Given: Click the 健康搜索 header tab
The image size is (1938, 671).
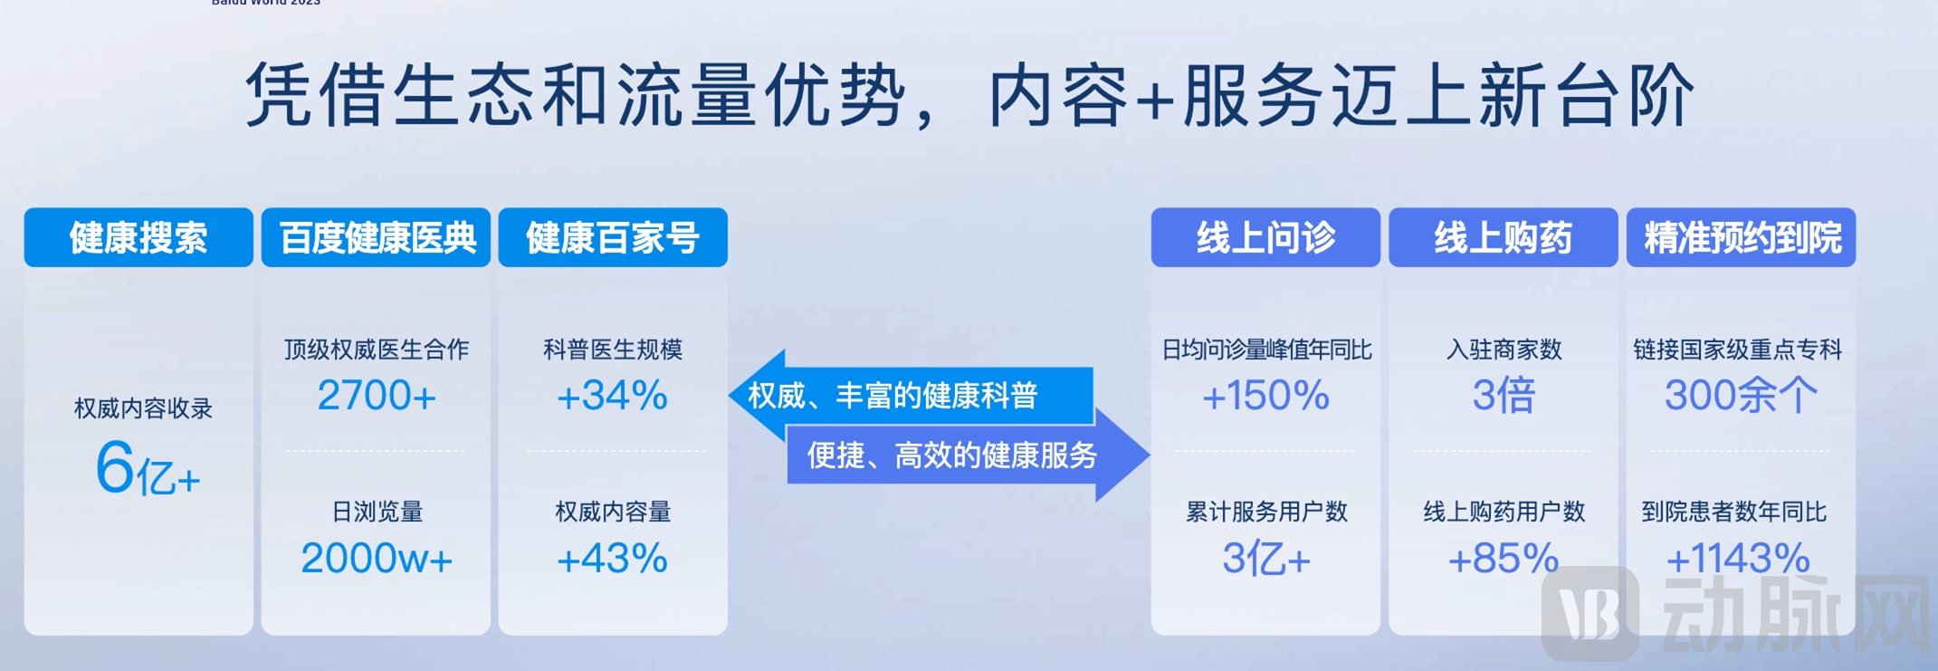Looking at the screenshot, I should pos(138,237).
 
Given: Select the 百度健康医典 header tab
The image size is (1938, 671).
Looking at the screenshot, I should pos(376,237).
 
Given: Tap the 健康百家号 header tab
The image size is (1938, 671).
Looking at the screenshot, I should pos(613,237).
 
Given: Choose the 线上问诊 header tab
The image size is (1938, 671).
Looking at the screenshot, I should pos(1265,237).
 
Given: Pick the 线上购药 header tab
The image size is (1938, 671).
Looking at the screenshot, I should pos(1503,237).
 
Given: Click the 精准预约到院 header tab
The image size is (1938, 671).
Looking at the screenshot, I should pos(1741,237).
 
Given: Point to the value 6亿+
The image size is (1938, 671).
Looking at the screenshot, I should pos(148,468).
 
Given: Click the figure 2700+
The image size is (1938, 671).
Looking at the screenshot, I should pos(377,396).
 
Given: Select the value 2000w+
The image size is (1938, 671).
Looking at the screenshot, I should pos(377,558).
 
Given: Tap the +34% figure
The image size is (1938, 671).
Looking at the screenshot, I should pos(613,396).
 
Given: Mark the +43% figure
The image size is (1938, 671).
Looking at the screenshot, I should pos(613,558).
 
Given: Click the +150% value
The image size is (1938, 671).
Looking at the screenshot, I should pos(1265,396).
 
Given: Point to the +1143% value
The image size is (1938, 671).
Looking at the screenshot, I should pos(1738,558).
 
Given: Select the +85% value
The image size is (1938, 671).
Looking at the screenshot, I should pos(1503,558).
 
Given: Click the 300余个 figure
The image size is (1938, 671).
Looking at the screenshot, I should pos(1740,396).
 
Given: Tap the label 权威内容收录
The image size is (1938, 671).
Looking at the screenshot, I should pos(143,408).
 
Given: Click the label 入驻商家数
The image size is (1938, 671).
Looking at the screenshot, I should pos(1504,350).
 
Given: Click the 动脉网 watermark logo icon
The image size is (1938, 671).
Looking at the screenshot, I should pos(1590,614).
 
